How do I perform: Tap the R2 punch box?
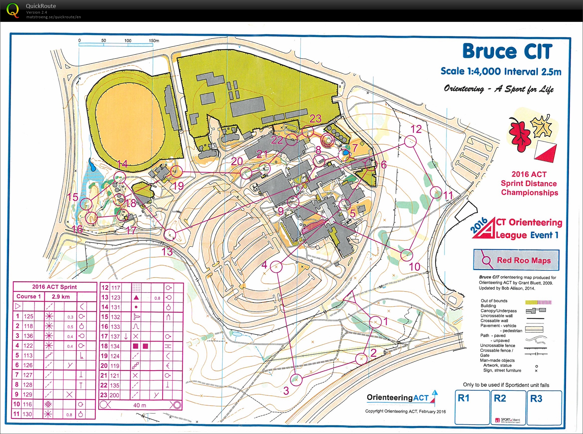(x=508, y=407)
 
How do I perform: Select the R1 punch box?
(x=472, y=407)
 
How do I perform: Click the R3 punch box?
(x=544, y=407)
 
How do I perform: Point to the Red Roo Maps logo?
(x=516, y=260)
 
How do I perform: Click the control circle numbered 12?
(x=411, y=141)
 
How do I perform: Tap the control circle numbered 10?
(x=407, y=255)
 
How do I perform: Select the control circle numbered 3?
(x=296, y=380)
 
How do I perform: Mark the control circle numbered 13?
(x=170, y=235)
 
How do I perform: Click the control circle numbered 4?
(x=276, y=267)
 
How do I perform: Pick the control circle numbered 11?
(x=436, y=192)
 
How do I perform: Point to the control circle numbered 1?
(x=375, y=322)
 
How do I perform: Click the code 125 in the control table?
(x=29, y=316)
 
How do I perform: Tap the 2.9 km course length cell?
(x=61, y=296)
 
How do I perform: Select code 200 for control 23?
(x=115, y=395)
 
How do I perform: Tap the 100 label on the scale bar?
(x=128, y=41)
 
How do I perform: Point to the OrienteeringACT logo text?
(x=398, y=397)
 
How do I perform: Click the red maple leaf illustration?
(x=519, y=134)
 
